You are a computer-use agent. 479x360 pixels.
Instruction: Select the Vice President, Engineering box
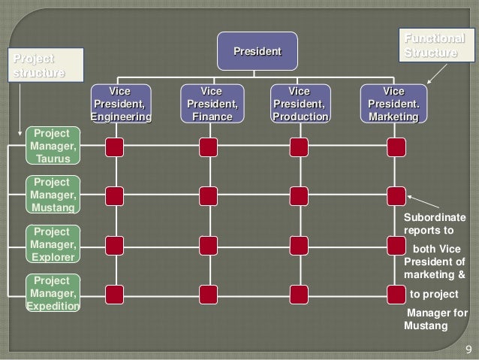point(120,104)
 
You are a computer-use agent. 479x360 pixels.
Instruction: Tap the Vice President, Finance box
point(212,104)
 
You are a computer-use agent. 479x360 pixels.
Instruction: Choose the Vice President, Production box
point(300,104)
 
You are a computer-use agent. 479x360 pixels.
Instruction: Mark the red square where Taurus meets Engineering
point(115,147)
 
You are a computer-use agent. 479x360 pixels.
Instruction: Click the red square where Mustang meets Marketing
point(396,196)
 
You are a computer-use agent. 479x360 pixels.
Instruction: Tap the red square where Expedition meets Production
point(299,293)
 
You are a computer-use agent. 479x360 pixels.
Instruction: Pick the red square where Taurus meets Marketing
point(396,147)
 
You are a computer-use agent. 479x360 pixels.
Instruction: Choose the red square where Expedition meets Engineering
point(115,293)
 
